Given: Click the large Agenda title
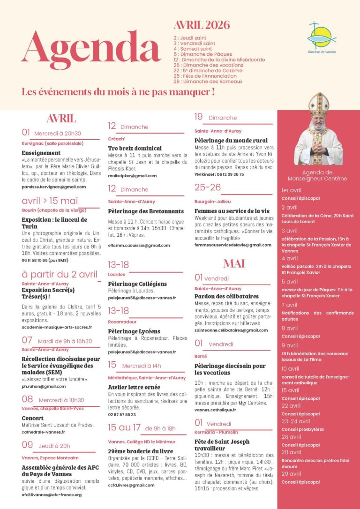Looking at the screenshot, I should [x=91, y=51].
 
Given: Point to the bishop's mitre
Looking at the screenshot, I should [x=318, y=104].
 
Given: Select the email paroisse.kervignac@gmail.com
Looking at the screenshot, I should [x=54, y=187].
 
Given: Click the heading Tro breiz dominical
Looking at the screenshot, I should [x=135, y=148].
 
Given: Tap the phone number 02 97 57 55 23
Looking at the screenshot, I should [x=122, y=414].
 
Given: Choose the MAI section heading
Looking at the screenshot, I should [x=234, y=263].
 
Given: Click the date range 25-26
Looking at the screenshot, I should [x=208, y=187].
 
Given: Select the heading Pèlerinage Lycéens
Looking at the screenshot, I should [x=134, y=331].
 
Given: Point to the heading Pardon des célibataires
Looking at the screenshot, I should [x=226, y=296].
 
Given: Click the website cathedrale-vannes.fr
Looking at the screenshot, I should [x=43, y=432].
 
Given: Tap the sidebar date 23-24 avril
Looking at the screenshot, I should [x=295, y=421].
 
